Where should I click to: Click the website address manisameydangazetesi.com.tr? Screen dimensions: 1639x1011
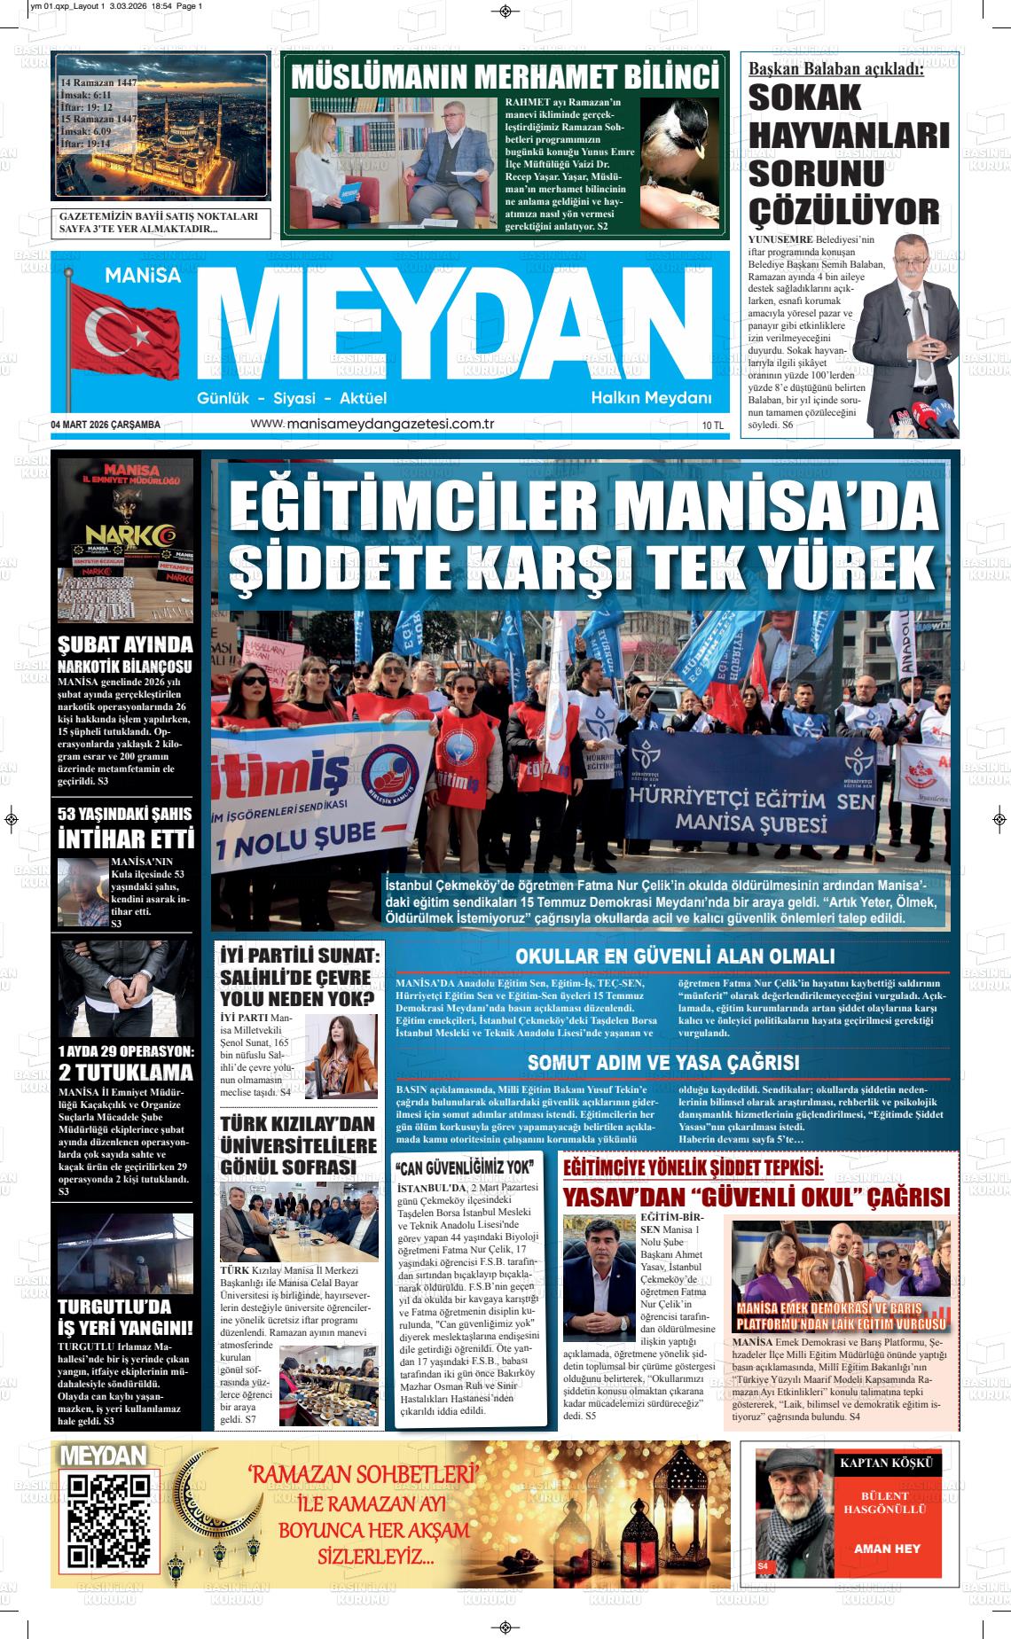(x=372, y=424)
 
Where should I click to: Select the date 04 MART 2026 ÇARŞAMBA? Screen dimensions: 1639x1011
(x=106, y=425)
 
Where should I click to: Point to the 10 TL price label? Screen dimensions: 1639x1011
(x=712, y=425)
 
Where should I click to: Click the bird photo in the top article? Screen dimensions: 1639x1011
(x=680, y=162)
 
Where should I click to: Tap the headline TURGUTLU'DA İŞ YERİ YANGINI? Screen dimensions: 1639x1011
(x=124, y=1316)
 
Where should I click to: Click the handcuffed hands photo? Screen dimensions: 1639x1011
(x=125, y=988)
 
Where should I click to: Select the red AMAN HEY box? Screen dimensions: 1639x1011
(x=886, y=1549)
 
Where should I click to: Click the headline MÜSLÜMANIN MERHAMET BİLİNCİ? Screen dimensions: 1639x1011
(x=505, y=76)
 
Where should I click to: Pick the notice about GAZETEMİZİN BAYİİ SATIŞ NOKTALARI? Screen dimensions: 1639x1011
(x=160, y=222)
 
